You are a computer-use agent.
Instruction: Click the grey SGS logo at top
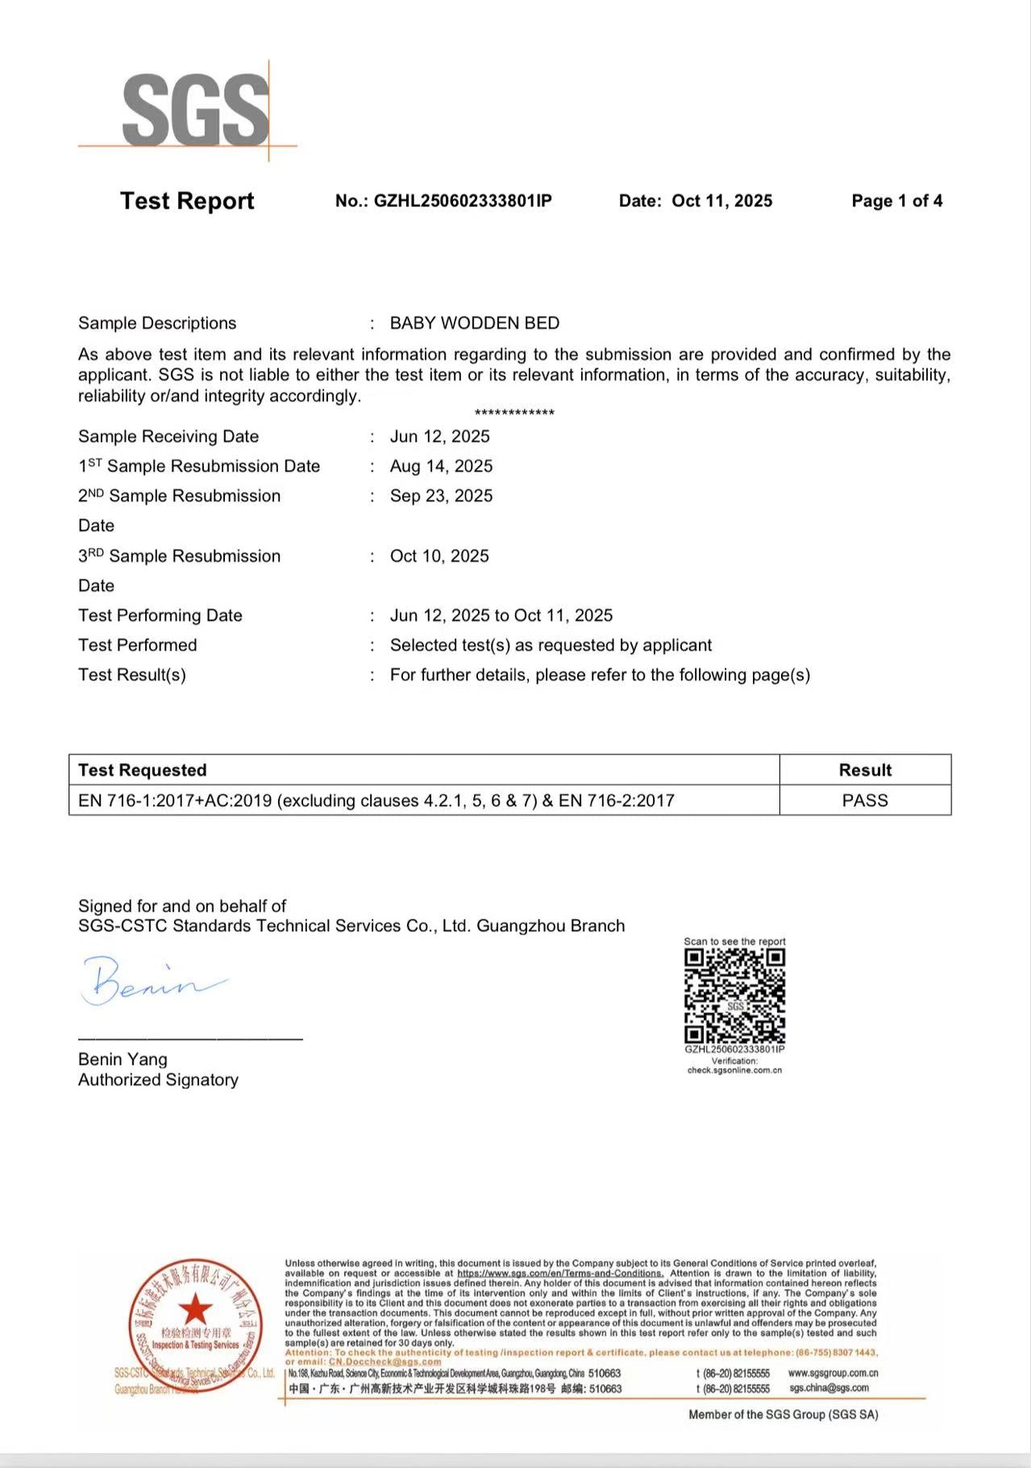(x=195, y=110)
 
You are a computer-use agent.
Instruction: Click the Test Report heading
(x=187, y=201)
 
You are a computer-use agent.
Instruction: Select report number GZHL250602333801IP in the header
(x=443, y=201)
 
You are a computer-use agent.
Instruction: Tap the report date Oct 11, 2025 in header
(x=721, y=201)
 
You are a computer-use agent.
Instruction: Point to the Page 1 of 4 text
(x=896, y=201)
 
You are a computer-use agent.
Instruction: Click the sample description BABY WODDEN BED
(x=474, y=323)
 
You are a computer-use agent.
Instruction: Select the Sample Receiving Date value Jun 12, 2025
(x=439, y=436)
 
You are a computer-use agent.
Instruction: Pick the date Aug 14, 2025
(x=441, y=466)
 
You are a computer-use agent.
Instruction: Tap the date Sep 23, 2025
(x=441, y=496)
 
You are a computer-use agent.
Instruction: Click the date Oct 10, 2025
(x=439, y=556)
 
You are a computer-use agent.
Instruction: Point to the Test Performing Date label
(x=160, y=616)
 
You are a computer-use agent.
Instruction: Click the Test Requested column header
(x=142, y=770)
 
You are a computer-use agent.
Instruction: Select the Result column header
(x=865, y=770)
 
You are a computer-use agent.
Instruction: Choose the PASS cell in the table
(x=865, y=801)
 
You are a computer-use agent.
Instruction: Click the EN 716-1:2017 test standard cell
(x=376, y=801)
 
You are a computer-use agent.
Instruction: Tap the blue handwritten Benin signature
(x=149, y=981)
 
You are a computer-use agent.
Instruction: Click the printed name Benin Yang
(x=123, y=1059)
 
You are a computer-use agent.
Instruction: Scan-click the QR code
(x=734, y=996)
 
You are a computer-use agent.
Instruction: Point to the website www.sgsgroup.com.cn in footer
(x=833, y=1373)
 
